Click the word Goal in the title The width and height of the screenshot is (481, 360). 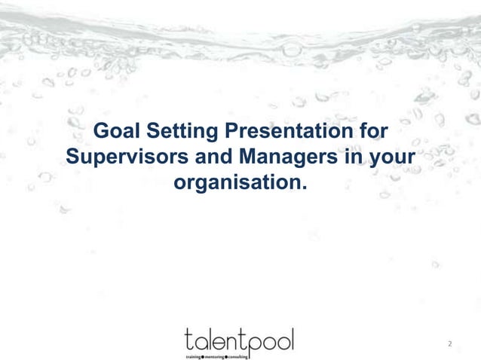pos(116,134)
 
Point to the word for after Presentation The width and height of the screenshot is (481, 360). pos(372,134)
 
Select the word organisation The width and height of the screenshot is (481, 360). pos(237,183)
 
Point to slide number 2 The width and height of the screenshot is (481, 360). pos(449,345)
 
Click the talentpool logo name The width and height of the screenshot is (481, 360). pos(239,337)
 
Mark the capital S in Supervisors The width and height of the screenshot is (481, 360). pos(73,158)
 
